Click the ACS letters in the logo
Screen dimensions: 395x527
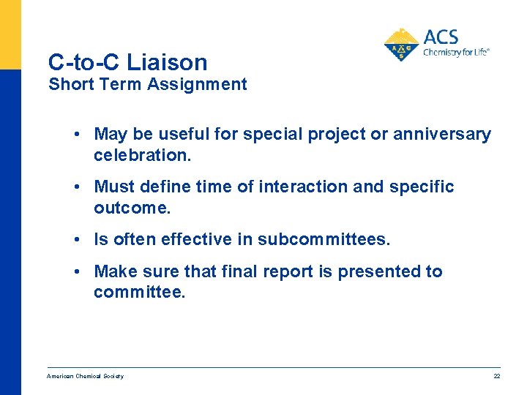(441, 37)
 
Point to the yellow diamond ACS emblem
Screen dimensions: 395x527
(402, 45)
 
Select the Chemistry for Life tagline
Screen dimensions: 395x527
(456, 52)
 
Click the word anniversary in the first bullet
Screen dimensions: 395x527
(442, 134)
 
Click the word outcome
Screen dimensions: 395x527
(132, 208)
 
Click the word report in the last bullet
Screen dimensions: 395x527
(288, 271)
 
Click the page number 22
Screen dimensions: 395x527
(496, 376)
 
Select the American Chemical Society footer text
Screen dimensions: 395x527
(85, 376)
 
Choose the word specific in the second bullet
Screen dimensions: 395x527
(425, 187)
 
